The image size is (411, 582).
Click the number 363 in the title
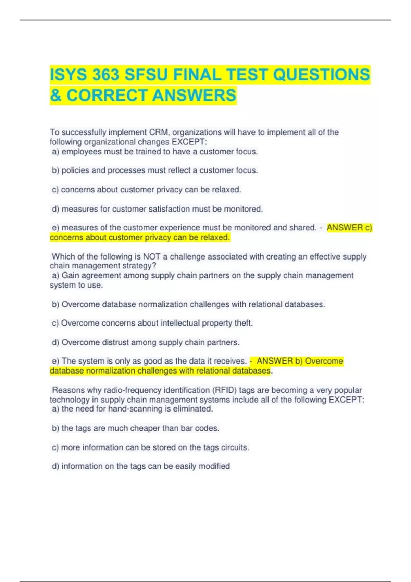pos(106,75)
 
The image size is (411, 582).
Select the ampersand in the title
pos(55,95)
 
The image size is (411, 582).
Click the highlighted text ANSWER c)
pos(349,228)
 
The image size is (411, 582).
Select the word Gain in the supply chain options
pos(70,275)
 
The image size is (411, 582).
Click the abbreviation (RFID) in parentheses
pos(224,390)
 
